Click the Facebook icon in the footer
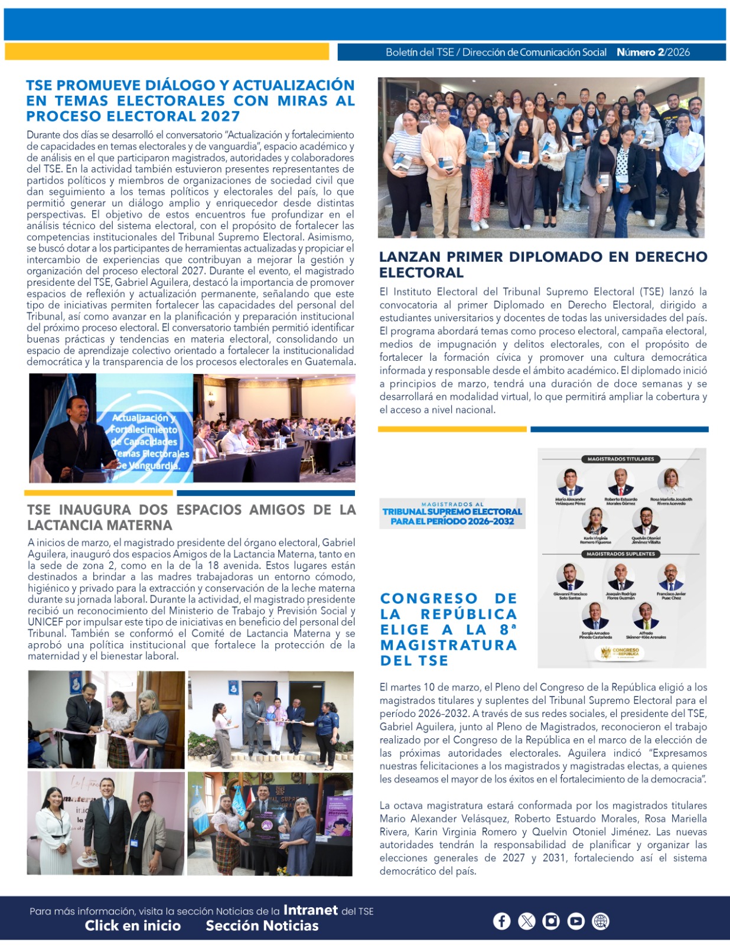point(501,921)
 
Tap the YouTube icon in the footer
point(576,921)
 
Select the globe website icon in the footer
point(601,921)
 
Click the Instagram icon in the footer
point(551,921)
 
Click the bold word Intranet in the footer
point(311,910)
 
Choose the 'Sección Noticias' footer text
point(262,926)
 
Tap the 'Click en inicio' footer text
point(132,926)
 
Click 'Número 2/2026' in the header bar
point(653,52)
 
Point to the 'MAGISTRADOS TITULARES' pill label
point(621,459)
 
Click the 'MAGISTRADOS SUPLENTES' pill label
point(621,554)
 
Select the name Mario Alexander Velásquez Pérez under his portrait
point(570,501)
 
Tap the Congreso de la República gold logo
point(621,653)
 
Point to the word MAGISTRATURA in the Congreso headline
point(449,645)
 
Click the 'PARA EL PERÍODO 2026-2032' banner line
point(452,521)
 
